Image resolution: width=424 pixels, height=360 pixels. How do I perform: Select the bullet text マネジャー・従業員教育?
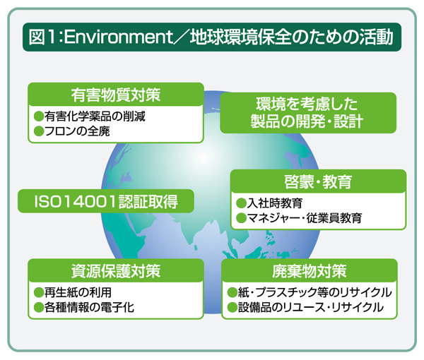click(x=304, y=218)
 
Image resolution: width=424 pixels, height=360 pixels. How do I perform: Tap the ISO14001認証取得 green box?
click(x=105, y=201)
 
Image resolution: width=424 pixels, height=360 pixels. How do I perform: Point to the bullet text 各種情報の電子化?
click(x=89, y=307)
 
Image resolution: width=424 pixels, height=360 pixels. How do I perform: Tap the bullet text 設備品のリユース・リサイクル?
click(x=310, y=307)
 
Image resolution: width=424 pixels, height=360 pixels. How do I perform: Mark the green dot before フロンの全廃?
click(x=39, y=131)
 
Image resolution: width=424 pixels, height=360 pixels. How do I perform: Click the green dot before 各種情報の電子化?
click(x=39, y=307)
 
